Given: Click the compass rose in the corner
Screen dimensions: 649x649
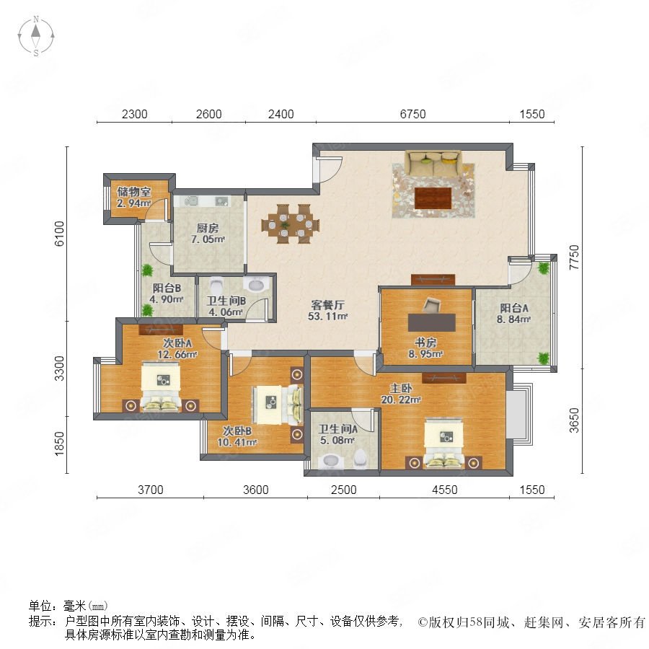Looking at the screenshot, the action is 36,36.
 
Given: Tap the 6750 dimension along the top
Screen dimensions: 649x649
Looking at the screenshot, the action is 412,114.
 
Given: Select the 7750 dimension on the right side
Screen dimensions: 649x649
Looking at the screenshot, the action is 574,257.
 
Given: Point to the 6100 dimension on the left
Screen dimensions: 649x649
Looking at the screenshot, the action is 60,234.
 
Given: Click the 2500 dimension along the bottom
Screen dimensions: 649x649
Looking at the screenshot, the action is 343,490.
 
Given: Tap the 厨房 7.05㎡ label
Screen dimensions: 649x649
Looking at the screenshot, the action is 208,234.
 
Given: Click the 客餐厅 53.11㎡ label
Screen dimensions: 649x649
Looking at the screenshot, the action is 327,310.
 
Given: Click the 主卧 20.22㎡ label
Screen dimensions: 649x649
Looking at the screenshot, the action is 401,394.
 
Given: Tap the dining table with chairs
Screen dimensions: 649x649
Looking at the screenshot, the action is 290,224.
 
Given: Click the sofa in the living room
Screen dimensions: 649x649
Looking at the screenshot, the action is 433,163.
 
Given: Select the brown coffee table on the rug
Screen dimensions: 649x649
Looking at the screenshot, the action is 433,198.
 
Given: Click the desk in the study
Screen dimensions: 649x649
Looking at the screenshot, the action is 432,322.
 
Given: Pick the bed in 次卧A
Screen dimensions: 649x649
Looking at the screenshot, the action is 161,387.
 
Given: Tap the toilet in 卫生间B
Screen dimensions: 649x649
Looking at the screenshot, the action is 216,286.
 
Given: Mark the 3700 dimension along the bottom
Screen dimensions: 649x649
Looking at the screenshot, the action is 150,490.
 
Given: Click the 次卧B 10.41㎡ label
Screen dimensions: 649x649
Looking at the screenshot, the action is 237,437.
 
